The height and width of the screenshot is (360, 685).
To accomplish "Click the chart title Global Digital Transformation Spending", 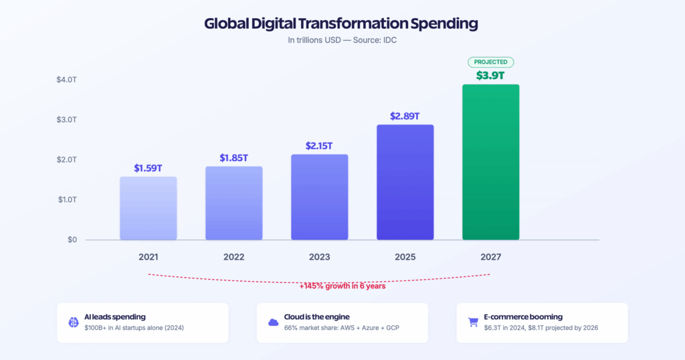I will click(x=341, y=23).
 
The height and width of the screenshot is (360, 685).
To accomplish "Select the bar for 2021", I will click(x=149, y=208).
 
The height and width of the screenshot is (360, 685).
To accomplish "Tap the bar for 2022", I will click(x=234, y=203).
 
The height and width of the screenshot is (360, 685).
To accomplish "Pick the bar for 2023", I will click(x=320, y=197).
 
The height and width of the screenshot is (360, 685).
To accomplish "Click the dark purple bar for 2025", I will click(x=405, y=182).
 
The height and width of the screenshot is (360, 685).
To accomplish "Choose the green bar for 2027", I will click(x=491, y=162).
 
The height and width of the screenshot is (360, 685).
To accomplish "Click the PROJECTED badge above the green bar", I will click(x=490, y=62).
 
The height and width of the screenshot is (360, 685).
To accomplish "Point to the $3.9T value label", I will click(x=490, y=75).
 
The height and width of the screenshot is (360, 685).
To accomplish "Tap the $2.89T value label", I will click(x=405, y=116).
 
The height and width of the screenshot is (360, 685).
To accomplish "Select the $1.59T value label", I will click(x=149, y=168).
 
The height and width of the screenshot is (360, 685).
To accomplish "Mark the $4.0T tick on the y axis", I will click(x=67, y=80).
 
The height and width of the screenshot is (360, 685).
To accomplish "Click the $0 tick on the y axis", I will click(x=72, y=240).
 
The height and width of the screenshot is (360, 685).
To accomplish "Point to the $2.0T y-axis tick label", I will click(x=67, y=159).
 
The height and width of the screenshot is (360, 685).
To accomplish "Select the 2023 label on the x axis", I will click(x=320, y=257).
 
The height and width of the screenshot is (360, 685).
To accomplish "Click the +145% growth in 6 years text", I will click(x=342, y=286).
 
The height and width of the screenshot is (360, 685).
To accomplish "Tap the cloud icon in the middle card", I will click(x=273, y=323).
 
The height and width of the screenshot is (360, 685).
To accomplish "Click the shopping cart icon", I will click(x=472, y=323).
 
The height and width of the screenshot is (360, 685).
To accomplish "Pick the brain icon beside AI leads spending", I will click(x=74, y=323).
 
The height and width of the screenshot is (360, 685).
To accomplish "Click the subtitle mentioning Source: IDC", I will click(x=342, y=40).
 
